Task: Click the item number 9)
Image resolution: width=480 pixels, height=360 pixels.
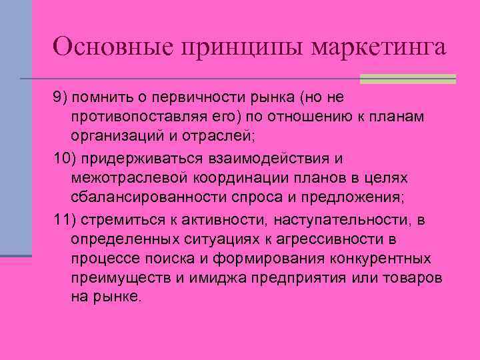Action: [61, 99]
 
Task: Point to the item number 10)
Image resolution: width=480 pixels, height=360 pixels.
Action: [65, 159]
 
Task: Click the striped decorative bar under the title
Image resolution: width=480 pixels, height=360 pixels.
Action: [407, 79]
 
